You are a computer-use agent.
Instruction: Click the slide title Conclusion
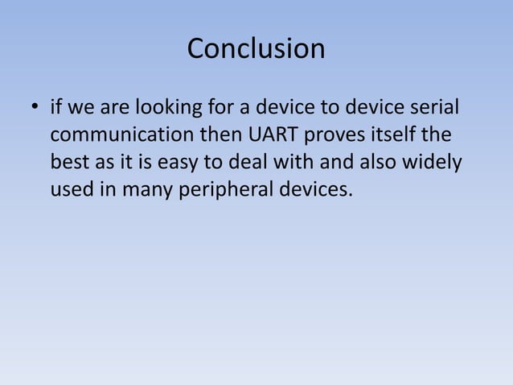coord(256,49)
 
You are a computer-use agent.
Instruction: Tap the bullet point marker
coord(34,107)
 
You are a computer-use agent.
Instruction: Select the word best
coord(69,162)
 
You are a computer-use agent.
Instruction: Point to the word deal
coord(254,162)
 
